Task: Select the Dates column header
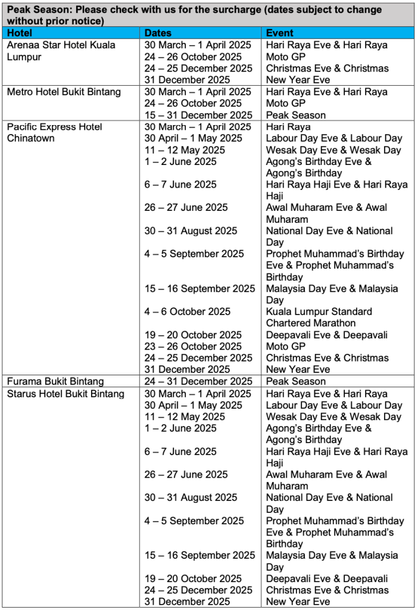[x=158, y=33]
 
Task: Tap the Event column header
[x=280, y=33]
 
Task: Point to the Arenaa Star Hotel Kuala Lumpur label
[x=61, y=51]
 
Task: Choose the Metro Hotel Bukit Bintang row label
[x=64, y=92]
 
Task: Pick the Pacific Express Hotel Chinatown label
[x=54, y=132]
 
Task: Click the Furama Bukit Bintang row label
[x=55, y=381]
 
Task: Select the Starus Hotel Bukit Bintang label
[x=65, y=394]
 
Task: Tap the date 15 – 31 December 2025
[x=198, y=115]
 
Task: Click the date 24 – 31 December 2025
[x=198, y=381]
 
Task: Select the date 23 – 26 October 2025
[x=193, y=346]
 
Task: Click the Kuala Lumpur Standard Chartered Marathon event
[x=319, y=318]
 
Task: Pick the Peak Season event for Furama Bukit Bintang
[x=296, y=381]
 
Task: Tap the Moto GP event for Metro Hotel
[x=285, y=103]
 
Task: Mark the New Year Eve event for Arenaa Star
[x=298, y=80]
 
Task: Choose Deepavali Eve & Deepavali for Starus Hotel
[x=327, y=578]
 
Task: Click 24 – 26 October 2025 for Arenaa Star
[x=193, y=57]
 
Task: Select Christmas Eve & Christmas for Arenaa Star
[x=327, y=69]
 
